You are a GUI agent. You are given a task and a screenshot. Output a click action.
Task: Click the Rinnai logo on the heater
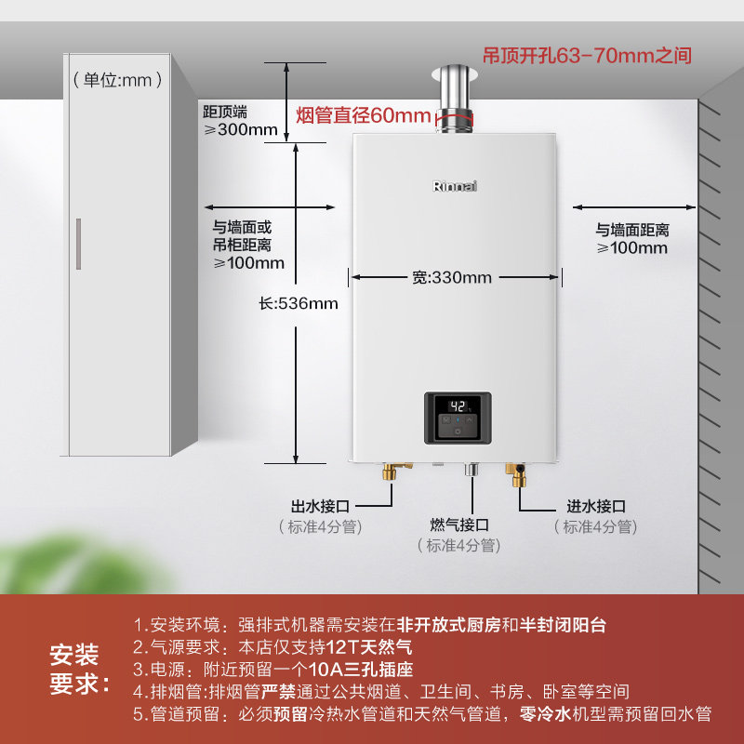coord(455,186)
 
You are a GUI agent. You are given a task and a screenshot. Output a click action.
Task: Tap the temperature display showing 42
coord(458,406)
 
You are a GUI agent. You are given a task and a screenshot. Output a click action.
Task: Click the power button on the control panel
coord(458,432)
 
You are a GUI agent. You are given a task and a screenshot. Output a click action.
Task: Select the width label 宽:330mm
coord(452,277)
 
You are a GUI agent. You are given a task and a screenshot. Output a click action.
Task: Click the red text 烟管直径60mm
coord(363,116)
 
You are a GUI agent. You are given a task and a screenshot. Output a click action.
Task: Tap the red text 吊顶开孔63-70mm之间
coord(587,56)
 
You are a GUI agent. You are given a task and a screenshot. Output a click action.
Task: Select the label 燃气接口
coord(459,525)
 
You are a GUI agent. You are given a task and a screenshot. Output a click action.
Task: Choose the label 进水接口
coord(596,507)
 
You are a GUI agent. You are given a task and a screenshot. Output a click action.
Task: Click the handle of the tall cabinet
coord(79,244)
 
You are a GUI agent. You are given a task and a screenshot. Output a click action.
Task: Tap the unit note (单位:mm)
coord(112,80)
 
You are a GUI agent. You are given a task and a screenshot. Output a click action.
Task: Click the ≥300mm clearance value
coord(241,129)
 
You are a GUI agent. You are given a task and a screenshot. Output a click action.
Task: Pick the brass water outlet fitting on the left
coord(390,473)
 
